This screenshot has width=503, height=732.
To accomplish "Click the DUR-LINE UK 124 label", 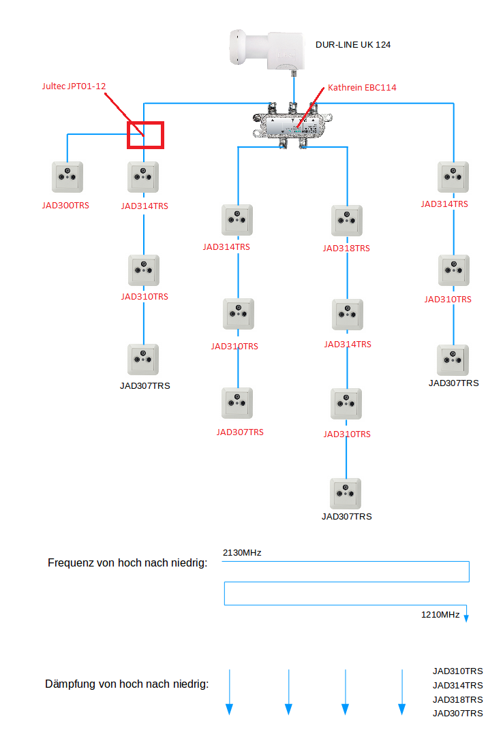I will tap(352, 45).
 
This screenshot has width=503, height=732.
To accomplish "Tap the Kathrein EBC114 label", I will tap(362, 87).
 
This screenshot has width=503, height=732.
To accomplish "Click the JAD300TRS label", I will tap(66, 205).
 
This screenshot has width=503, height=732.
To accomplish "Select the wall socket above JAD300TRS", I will tap(67, 177).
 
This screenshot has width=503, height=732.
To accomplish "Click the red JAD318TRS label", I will tap(346, 249).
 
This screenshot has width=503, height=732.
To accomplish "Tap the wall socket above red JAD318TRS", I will tap(347, 220).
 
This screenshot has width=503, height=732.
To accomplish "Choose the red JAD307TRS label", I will tap(240, 432).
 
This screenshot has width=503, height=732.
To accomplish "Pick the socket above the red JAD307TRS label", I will tap(237, 403).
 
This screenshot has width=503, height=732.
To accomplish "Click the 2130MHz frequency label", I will tap(242, 552).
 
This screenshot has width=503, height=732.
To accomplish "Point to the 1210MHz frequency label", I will tap(440, 614).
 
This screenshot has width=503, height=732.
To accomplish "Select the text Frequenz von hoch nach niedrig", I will tap(127, 563).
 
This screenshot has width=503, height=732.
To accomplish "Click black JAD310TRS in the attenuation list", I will tap(457, 671).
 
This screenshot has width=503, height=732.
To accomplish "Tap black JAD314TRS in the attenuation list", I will tap(457, 685).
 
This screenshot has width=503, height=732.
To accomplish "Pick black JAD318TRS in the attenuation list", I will tap(457, 699).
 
